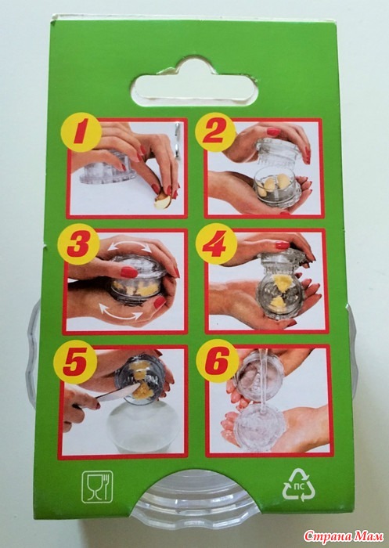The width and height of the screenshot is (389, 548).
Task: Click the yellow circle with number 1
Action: tap(81, 132)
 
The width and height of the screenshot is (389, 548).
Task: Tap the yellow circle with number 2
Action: tap(215, 132)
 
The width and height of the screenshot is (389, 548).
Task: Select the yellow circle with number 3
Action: tap(78, 244)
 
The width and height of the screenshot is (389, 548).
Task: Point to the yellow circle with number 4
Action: tap(217, 244)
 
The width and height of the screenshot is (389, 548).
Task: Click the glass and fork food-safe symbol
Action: tap(97, 487)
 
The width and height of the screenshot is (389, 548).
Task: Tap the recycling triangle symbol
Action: tap(299, 485)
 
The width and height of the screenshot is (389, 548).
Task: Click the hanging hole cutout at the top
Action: tap(195, 82)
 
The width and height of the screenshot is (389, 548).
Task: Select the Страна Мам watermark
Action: tap(344, 535)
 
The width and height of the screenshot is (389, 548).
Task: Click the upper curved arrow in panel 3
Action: tap(129, 246)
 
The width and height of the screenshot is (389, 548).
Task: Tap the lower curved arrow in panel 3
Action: tap(121, 312)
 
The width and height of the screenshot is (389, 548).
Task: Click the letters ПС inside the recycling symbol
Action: tap(299, 486)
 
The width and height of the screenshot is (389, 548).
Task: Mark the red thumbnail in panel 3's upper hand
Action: tap(128, 272)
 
